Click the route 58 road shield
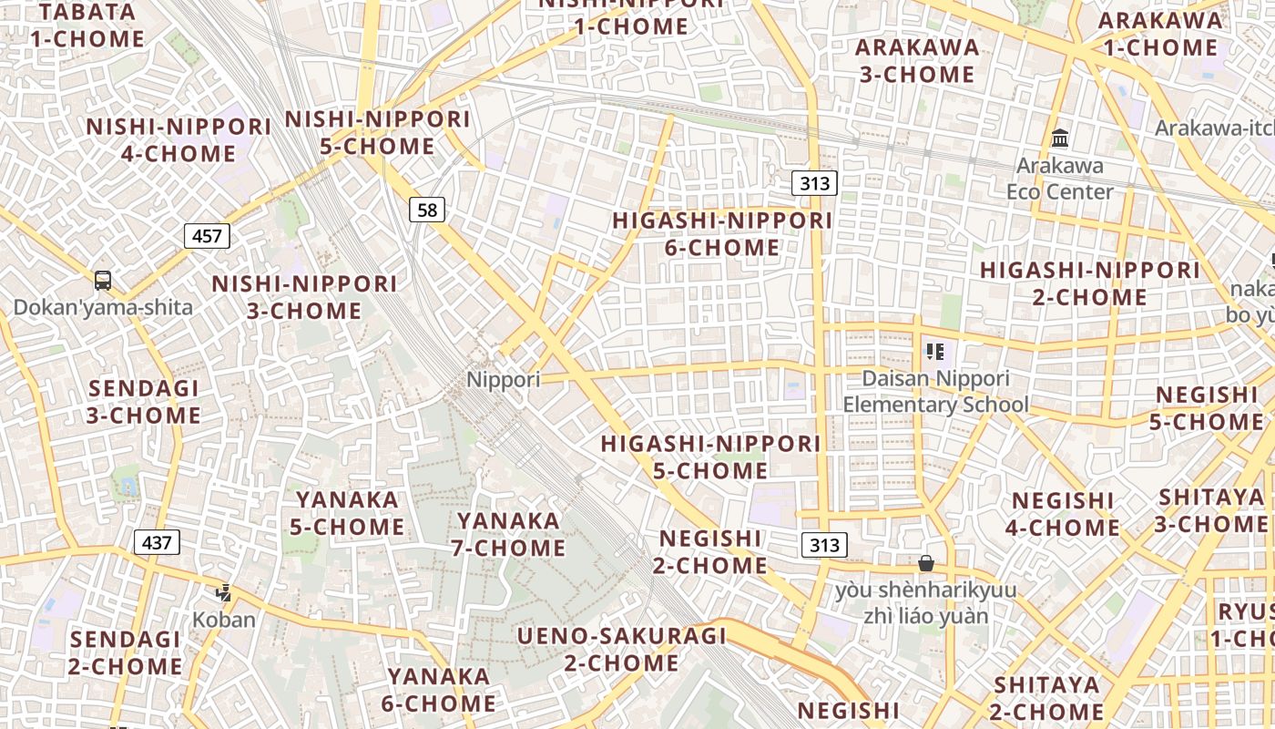pos(426,210)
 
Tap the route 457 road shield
pos(207,236)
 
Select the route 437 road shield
pos(157,542)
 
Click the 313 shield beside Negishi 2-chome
pos(824,545)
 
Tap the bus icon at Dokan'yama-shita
pos(103,281)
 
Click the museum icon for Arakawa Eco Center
pos(1060,139)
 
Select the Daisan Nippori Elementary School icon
pos(934,351)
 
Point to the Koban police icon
pos(223,593)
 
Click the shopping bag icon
pos(926,564)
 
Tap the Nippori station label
pos(503,379)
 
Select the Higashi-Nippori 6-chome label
pos(722,234)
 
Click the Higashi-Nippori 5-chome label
pos(710,457)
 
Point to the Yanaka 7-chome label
pos(508,534)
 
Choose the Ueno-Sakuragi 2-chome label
pos(621,649)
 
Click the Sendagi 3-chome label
pos(143,402)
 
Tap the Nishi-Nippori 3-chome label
pos(304,297)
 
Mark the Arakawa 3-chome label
pos(917,60)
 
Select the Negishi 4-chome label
pos(1063,514)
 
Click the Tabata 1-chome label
pos(87,26)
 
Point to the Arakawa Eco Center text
pos(1060,179)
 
